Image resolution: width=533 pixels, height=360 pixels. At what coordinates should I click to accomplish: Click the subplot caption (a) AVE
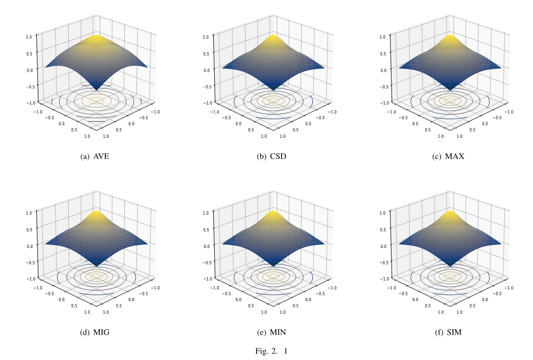(x=95, y=156)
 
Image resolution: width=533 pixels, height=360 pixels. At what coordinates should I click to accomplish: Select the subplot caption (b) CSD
(x=271, y=156)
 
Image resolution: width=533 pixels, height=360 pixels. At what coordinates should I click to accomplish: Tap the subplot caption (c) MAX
(x=448, y=156)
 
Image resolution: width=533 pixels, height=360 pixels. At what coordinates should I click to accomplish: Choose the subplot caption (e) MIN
(x=271, y=332)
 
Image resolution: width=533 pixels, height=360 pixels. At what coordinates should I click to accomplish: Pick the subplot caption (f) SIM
(x=448, y=332)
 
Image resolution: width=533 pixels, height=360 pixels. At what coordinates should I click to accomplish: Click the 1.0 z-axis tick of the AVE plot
(x=30, y=36)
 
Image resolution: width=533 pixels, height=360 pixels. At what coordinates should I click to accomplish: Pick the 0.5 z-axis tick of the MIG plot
(x=30, y=229)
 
